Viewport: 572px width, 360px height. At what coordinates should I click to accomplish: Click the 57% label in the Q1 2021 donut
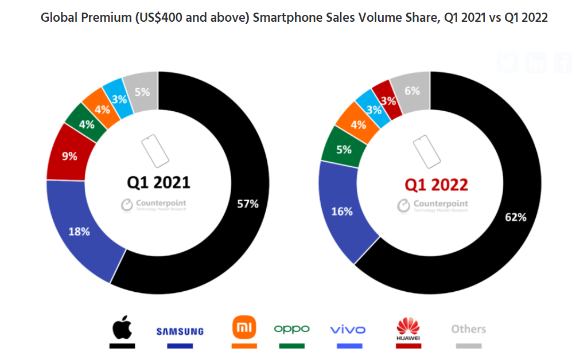point(248,204)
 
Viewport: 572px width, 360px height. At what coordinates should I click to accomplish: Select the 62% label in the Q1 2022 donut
point(515,217)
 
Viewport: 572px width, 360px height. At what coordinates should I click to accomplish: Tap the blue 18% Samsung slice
point(79,232)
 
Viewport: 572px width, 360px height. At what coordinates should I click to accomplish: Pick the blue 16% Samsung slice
point(342,212)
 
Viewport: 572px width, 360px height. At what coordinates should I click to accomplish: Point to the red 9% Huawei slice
point(69,155)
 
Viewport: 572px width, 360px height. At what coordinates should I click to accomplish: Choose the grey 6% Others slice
point(412,91)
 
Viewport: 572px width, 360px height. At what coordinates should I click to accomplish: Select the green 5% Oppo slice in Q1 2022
point(344,150)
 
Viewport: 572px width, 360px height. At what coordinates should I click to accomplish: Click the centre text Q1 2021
point(158,183)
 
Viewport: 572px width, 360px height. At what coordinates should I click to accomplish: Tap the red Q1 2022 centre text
point(436,185)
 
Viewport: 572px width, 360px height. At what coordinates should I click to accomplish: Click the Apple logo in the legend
point(122,327)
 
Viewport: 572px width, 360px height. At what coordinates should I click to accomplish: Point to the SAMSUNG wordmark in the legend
point(180,331)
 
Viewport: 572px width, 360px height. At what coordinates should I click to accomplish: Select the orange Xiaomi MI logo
point(244,327)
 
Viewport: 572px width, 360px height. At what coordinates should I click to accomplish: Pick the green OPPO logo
point(291,328)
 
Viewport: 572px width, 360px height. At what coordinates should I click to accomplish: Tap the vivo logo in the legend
point(348,330)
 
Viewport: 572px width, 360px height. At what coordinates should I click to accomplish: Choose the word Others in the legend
point(468,329)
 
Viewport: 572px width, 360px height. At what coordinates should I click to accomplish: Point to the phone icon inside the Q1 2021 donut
point(154,150)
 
